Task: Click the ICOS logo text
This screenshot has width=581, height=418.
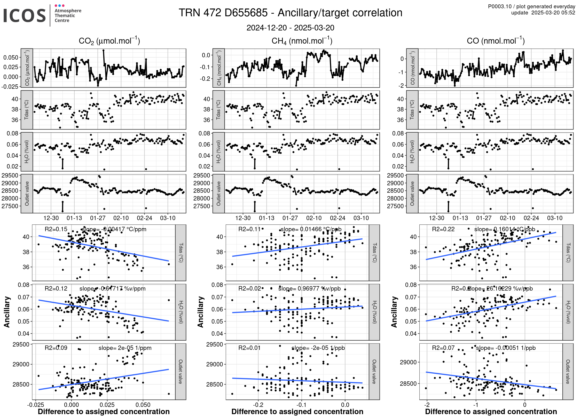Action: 25,15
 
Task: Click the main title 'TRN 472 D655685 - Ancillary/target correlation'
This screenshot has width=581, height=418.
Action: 290,13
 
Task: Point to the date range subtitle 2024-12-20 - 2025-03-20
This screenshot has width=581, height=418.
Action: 290,28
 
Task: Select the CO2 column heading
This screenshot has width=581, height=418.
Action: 109,41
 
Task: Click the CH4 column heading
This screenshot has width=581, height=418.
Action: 302,41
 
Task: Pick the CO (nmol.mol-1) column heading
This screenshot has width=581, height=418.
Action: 496,41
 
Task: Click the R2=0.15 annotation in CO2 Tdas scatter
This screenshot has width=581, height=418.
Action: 56,229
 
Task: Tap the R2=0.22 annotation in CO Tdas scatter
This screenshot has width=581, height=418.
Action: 443,229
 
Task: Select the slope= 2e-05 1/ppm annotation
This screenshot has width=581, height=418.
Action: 125,348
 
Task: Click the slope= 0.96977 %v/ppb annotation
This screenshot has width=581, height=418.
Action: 309,288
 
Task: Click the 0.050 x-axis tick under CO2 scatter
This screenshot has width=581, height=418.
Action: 143,405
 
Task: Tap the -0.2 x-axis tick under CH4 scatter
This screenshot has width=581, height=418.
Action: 258,405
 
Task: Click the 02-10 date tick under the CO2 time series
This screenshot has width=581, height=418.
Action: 121,218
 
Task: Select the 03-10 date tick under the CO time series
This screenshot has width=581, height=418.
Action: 555,218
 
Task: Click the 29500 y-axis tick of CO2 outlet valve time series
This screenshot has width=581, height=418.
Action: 10,175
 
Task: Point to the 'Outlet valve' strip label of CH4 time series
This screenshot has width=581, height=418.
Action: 219,194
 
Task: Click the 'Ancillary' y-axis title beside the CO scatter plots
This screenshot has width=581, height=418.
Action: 394,312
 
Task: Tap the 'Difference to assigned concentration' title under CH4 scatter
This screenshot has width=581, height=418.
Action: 297,412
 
